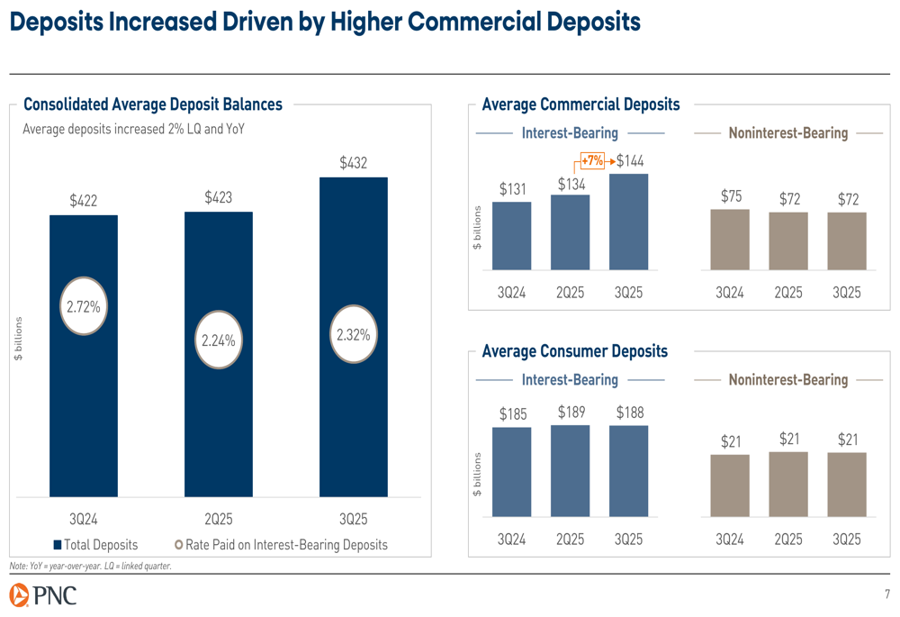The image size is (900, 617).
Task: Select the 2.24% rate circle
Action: [218, 340]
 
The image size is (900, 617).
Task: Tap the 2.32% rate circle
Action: [353, 334]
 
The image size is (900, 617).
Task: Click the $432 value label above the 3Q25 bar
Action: [353, 163]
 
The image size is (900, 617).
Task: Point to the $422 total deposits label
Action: [83, 201]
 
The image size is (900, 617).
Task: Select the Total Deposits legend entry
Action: [95, 545]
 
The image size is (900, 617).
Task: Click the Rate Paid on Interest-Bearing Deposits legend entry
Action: [281, 545]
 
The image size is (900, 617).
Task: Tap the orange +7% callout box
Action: [591, 161]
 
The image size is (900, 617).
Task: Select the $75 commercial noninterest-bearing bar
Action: [730, 239]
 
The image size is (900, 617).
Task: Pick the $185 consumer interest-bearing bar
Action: [511, 471]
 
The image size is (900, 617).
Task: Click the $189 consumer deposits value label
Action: [571, 413]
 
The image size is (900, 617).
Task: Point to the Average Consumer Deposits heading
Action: [575, 351]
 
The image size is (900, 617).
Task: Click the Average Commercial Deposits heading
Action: [580, 105]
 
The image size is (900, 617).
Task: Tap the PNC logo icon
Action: [20, 594]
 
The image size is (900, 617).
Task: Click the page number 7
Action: [886, 594]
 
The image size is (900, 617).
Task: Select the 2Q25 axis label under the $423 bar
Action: [218, 520]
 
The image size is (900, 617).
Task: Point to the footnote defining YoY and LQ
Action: [90, 566]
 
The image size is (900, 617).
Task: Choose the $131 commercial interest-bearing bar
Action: [511, 235]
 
